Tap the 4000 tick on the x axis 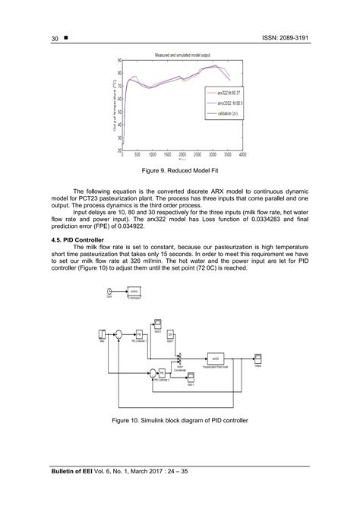click(x=242, y=154)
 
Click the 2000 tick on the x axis click(x=183, y=154)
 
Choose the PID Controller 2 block click(x=172, y=373)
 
